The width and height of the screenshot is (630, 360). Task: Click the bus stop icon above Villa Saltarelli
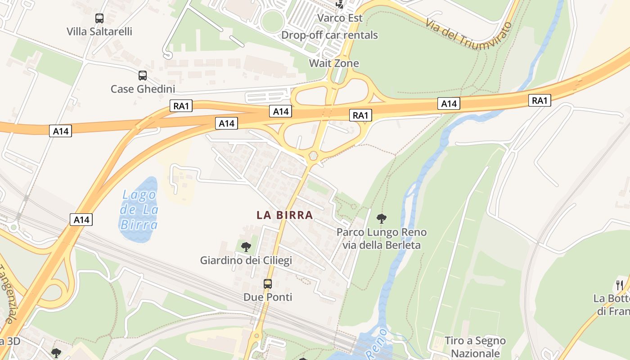(99, 18)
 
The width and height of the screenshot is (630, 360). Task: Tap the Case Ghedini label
(143, 89)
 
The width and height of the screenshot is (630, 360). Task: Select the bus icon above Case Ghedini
(143, 75)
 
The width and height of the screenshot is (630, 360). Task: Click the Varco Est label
(340, 18)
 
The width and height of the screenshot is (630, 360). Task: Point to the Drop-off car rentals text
(329, 35)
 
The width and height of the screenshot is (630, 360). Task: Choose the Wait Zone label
(334, 63)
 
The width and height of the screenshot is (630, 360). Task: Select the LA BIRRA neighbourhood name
(284, 215)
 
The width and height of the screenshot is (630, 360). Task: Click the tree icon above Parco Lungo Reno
(382, 219)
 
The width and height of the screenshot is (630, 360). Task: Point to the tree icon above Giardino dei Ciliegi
(246, 246)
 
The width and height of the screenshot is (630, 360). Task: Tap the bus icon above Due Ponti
(268, 283)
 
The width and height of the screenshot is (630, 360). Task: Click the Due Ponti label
(268, 297)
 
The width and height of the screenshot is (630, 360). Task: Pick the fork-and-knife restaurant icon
(620, 285)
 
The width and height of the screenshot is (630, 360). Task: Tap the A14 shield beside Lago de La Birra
(81, 220)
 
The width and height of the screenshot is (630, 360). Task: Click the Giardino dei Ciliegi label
(246, 260)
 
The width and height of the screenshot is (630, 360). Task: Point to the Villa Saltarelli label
(99, 31)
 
